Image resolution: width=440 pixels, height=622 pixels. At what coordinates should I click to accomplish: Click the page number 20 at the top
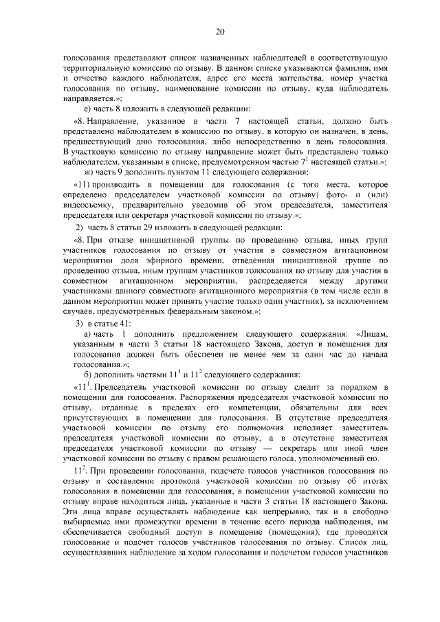point(220,31)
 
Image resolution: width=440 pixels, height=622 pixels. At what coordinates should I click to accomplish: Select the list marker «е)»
point(86,109)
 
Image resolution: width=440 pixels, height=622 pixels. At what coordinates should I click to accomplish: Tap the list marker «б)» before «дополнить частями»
point(87,374)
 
